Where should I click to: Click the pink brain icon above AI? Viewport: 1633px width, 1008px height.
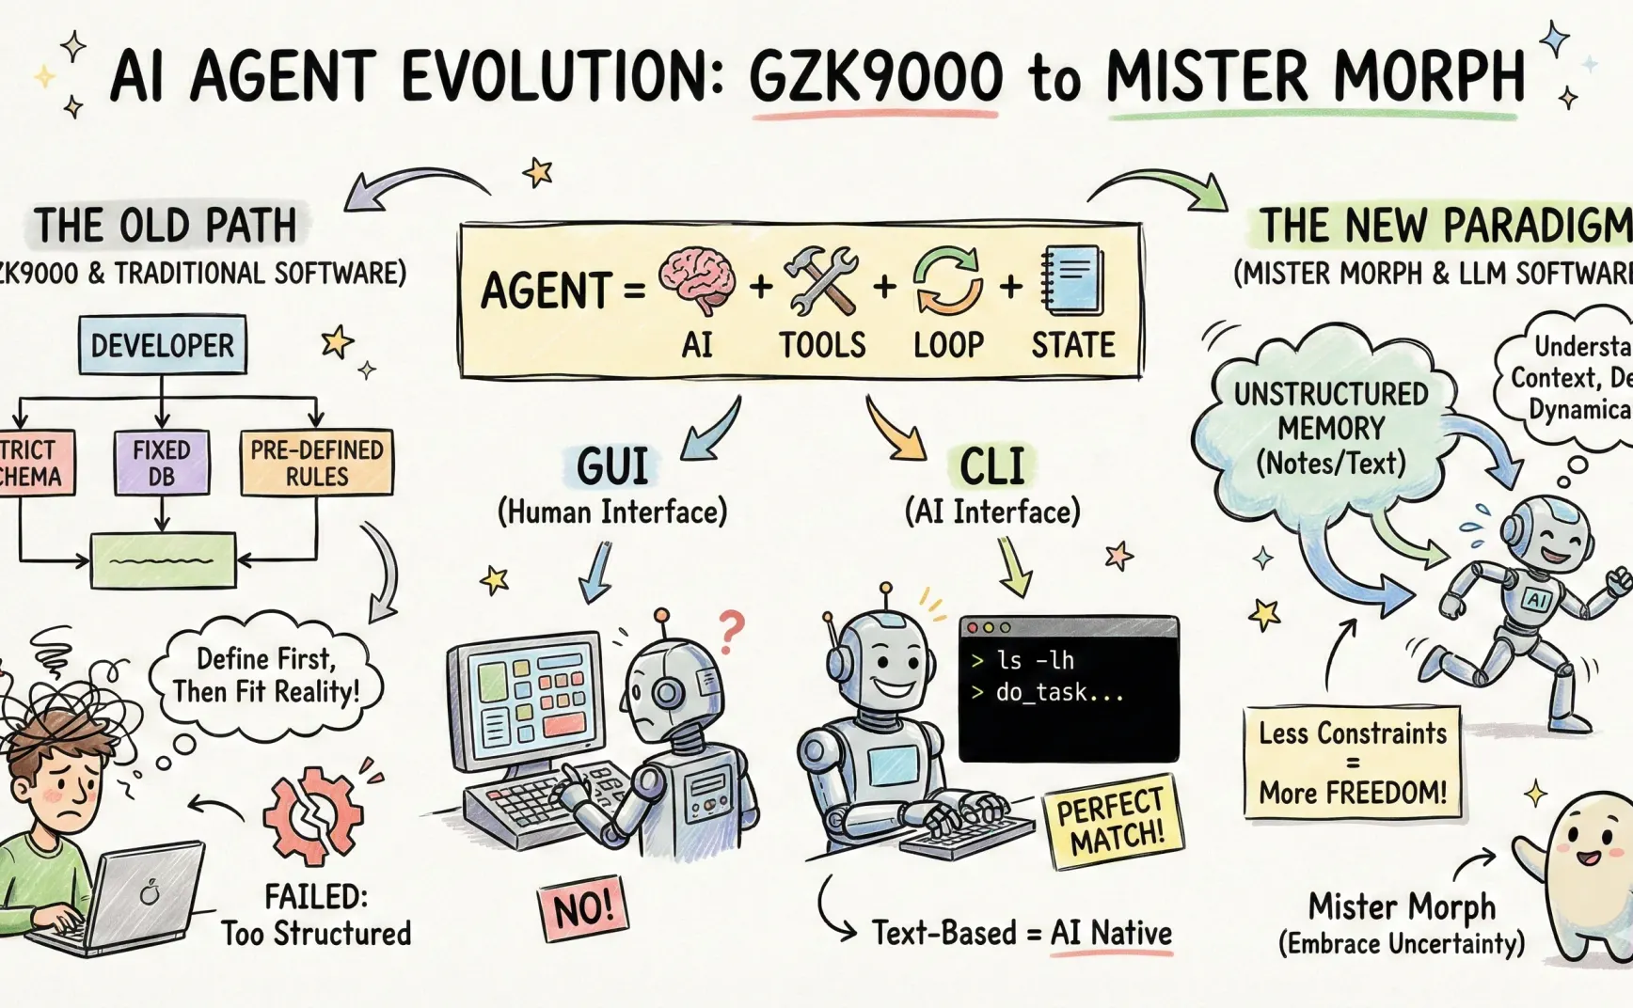(697, 279)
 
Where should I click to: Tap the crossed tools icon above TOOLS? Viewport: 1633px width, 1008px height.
(821, 279)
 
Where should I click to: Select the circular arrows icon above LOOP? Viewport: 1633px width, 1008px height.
(947, 279)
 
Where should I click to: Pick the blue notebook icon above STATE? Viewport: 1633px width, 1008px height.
(1072, 280)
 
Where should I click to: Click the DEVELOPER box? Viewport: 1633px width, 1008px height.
(162, 345)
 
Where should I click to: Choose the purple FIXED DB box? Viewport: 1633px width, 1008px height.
(161, 462)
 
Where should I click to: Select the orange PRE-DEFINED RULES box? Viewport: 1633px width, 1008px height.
(316, 462)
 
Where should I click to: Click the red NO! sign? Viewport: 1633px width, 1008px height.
(583, 909)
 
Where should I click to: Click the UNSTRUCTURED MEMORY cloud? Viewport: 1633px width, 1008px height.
(1330, 428)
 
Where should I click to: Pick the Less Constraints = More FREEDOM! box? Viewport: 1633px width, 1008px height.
(1353, 763)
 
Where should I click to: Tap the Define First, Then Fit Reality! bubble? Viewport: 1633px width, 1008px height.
(266, 675)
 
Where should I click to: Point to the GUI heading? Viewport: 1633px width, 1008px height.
(612, 465)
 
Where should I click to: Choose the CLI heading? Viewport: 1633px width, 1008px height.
(992, 465)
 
